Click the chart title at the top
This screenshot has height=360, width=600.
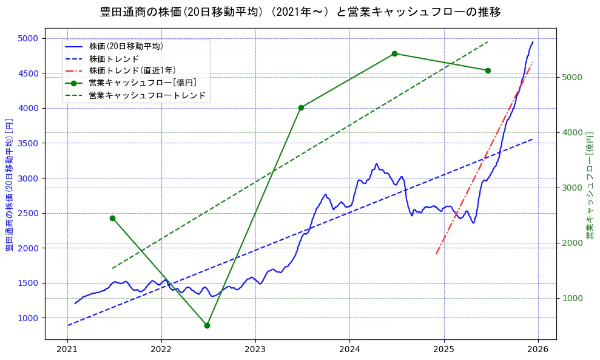point(300,12)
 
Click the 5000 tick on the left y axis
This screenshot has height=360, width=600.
point(28,38)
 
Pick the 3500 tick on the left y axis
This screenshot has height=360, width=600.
point(28,143)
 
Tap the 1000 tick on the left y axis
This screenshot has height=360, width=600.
point(28,318)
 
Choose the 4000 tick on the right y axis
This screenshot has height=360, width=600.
point(572,132)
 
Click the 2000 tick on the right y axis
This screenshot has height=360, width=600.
point(572,243)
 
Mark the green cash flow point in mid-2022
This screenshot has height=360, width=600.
point(207,325)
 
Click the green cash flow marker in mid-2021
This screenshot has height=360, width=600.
point(112,218)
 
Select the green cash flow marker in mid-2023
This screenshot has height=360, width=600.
point(301,107)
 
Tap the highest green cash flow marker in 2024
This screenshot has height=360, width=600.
point(394,53)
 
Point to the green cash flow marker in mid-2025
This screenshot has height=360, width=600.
point(488,70)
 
